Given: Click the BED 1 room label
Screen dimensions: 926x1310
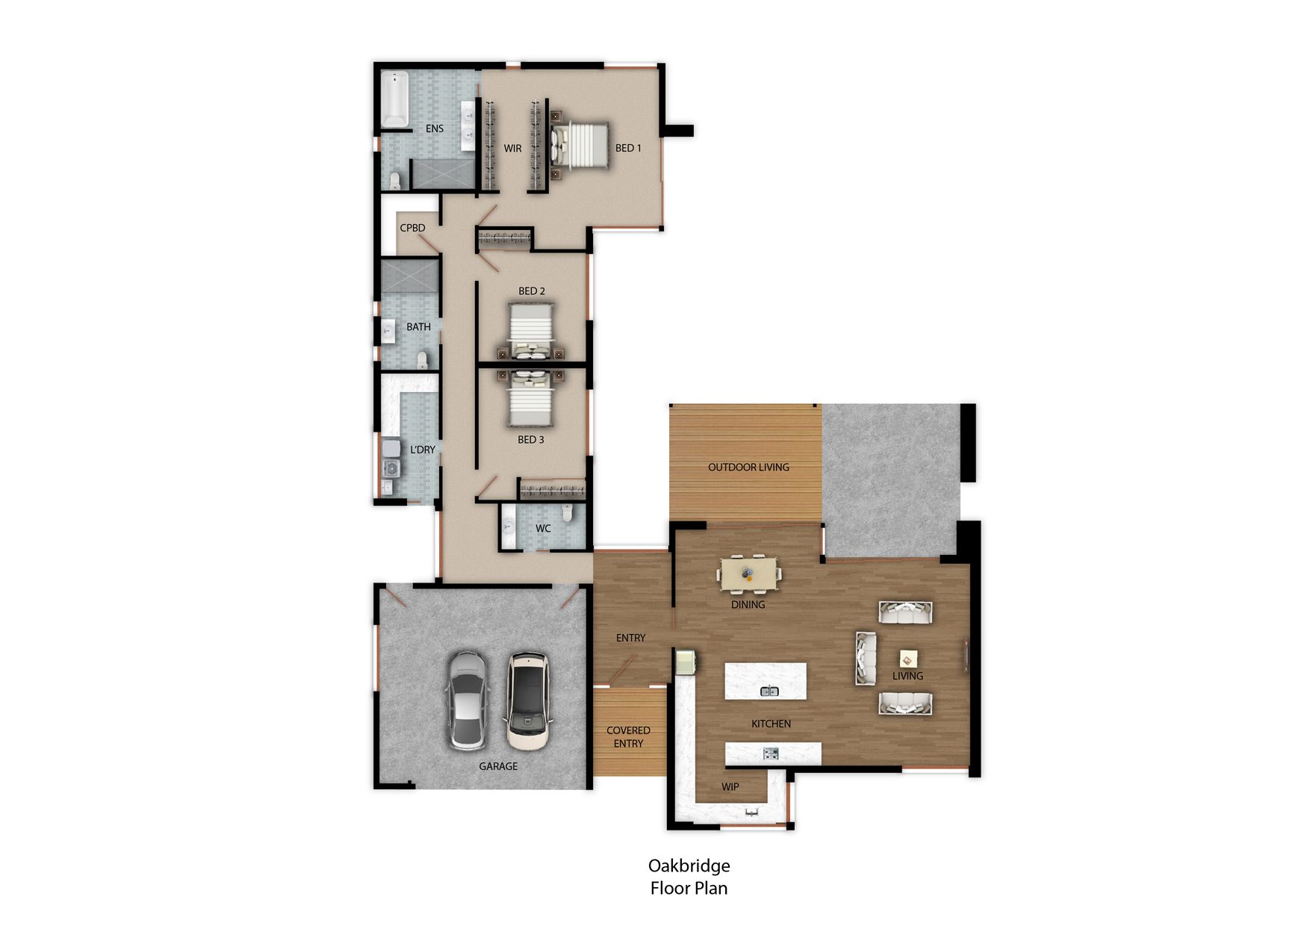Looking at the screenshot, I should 628,148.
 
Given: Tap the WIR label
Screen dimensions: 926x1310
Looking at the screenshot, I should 512,149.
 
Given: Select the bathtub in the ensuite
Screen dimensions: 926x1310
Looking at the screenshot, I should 394,99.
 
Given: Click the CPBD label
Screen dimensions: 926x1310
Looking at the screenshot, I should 412,228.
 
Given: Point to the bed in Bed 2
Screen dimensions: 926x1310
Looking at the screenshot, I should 531,329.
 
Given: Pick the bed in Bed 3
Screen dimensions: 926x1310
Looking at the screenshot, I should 531,400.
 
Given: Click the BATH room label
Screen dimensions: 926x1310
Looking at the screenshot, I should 418,327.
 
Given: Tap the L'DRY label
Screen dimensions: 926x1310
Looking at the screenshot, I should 422,450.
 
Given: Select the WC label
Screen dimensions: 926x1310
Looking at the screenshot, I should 543,529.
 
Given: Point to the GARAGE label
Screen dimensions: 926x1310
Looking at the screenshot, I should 498,766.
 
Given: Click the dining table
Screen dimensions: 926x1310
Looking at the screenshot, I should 748,574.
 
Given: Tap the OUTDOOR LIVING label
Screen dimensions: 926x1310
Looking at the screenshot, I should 748,467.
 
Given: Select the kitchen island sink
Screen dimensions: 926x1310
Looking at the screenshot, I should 769,691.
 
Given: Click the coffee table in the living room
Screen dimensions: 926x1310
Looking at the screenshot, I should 908,658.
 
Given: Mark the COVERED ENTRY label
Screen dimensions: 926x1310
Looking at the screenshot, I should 628,737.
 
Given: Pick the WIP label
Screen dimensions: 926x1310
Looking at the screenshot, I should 730,787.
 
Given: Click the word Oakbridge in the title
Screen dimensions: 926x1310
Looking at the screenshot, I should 689,866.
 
